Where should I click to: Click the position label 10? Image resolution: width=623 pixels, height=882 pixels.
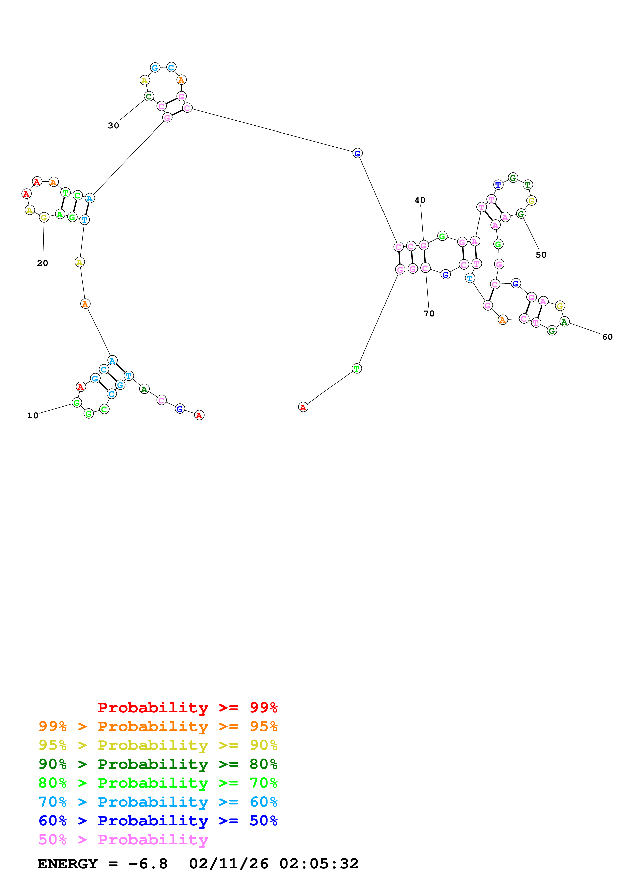33,415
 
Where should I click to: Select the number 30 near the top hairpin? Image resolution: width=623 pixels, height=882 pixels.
113,126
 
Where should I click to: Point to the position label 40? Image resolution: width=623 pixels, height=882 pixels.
420,200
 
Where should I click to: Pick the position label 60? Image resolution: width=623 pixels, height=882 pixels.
607,337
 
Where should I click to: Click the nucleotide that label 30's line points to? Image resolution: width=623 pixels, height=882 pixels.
149,96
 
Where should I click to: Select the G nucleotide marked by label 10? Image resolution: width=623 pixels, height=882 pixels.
77,403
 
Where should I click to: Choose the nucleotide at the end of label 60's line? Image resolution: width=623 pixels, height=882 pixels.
564,322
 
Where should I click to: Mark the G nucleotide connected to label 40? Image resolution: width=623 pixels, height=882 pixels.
424,245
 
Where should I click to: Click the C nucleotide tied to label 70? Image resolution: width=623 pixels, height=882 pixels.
425,268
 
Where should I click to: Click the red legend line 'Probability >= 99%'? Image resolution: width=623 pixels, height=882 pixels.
187,707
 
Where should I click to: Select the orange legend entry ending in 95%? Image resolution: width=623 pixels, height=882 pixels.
158,726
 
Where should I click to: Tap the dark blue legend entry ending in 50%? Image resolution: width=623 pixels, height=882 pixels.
158,821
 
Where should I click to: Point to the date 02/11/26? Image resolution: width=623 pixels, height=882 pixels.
229,864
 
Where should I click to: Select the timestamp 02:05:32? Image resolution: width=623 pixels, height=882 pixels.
319,864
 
